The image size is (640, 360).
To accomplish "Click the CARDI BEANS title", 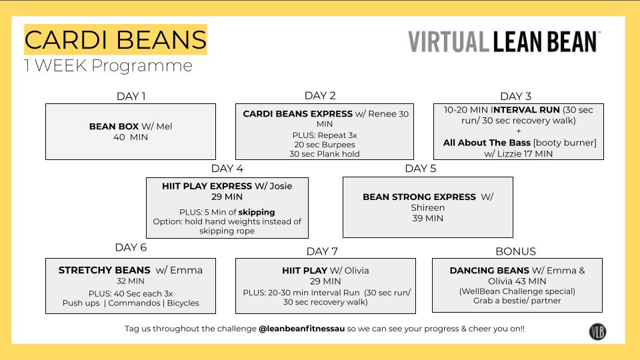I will (115, 40).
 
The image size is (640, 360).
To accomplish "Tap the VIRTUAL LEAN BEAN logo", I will (504, 41).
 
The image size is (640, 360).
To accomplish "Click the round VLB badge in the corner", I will (597, 331).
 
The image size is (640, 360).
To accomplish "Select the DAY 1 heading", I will (131, 96).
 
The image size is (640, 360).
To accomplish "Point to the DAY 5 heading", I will (421, 168).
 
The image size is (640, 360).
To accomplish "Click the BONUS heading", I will (515, 251).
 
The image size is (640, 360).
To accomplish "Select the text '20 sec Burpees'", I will (325, 144).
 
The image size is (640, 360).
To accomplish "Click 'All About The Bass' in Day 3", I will (486, 143).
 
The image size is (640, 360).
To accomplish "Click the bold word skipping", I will (257, 212).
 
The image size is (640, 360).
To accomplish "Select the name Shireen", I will (427, 207).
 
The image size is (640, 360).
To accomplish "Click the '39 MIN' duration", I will (427, 218).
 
